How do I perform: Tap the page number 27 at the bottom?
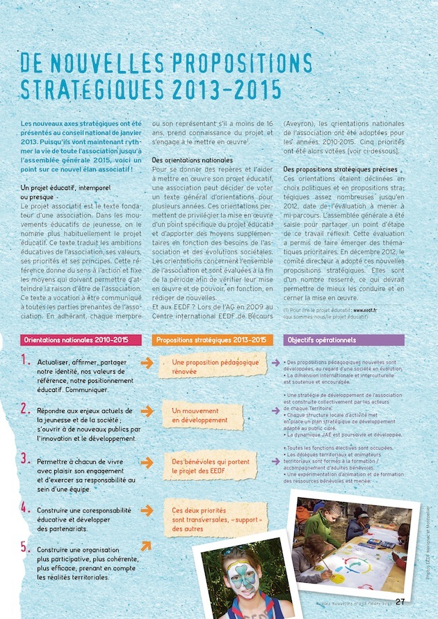click(x=400, y=602)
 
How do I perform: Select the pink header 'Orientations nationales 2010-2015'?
click(x=76, y=340)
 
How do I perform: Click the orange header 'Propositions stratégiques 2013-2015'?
click(x=211, y=340)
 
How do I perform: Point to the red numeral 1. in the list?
click(x=25, y=361)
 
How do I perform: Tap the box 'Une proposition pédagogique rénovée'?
click(x=215, y=367)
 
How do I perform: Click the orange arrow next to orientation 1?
click(x=147, y=363)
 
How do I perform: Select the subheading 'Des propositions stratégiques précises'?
click(x=340, y=169)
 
